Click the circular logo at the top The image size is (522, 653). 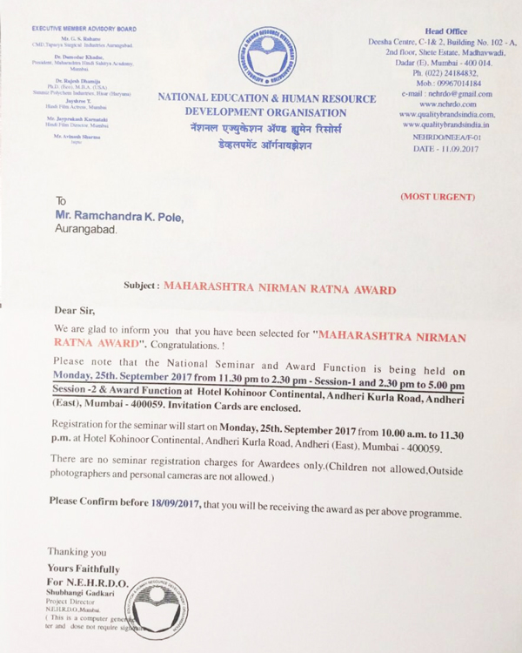click(x=266, y=56)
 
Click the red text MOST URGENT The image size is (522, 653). click(x=438, y=197)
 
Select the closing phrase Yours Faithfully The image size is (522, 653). click(x=84, y=569)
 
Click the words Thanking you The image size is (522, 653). click(x=77, y=552)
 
